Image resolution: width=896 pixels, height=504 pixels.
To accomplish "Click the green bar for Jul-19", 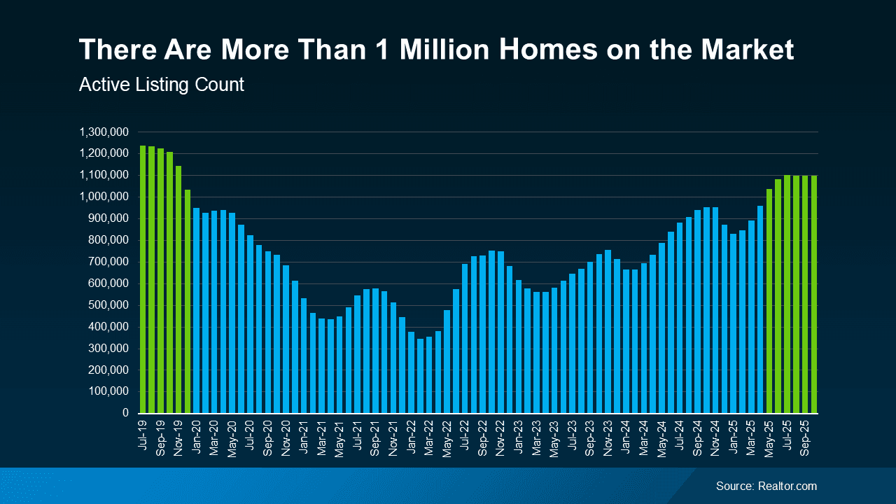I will tap(143, 280).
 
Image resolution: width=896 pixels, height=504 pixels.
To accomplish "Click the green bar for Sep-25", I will tap(805, 294).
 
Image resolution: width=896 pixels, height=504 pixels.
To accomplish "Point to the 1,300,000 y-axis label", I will tap(104, 132).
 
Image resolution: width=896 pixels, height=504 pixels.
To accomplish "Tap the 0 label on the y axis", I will tap(125, 413).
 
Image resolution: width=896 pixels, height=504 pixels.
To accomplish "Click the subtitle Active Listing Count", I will tap(162, 85).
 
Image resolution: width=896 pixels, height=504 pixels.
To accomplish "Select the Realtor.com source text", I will tap(766, 486).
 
